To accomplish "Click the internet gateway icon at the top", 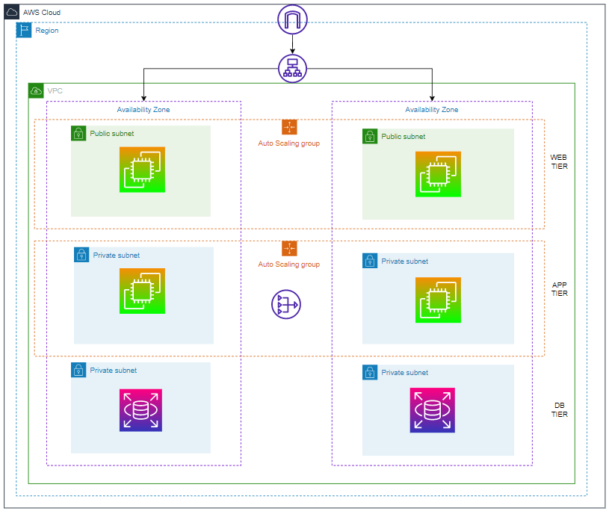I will click(x=292, y=19).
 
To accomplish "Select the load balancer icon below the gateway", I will click(x=292, y=68).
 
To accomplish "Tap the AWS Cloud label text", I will click(x=42, y=13).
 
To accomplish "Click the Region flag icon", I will click(x=24, y=30).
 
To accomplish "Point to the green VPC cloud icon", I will click(x=36, y=90).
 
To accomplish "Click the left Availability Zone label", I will click(x=143, y=110).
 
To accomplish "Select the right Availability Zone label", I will click(x=431, y=110).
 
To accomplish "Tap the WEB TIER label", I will click(x=559, y=162).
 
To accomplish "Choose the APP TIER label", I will click(x=559, y=289).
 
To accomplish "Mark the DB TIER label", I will click(x=559, y=409).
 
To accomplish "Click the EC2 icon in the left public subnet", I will click(x=142, y=170).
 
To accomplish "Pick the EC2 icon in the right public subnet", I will click(x=438, y=174).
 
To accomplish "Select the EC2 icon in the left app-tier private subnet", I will click(x=142, y=291).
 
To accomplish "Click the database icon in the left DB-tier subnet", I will click(x=140, y=410).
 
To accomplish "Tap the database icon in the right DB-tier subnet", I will click(x=432, y=410).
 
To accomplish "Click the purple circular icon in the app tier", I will click(x=285, y=304).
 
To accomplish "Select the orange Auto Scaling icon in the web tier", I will click(x=289, y=127).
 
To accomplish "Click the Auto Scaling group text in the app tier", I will click(x=289, y=264).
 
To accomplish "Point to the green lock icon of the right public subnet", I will click(x=370, y=136).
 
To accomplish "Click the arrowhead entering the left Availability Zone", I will click(x=143, y=97).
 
